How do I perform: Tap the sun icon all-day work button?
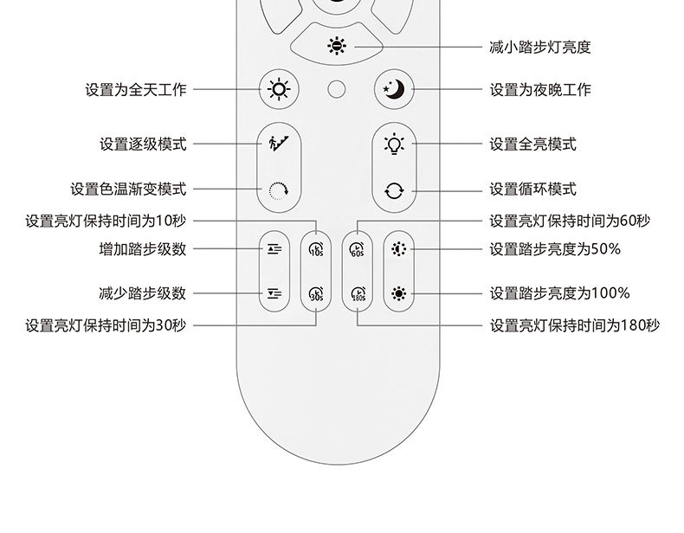[278, 89]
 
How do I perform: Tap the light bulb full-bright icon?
[395, 144]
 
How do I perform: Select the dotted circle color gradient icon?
[278, 190]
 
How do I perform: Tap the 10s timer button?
[315, 249]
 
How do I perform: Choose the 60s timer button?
[357, 249]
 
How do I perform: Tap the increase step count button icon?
[274, 249]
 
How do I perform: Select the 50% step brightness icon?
[397, 249]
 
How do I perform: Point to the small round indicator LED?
[337, 89]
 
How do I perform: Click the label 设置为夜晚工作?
[540, 90]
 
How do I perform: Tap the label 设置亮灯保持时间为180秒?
[574, 326]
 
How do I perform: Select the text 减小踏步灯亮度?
[540, 47]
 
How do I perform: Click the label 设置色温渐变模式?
[128, 189]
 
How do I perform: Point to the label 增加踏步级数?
[143, 249]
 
